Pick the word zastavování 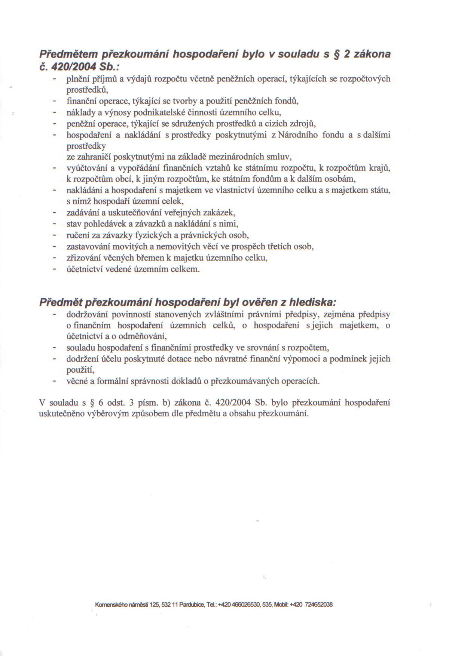tap(87, 247)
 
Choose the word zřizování tap(82, 258)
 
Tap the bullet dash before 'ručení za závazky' tap(55, 236)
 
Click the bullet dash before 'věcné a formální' tap(55, 382)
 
